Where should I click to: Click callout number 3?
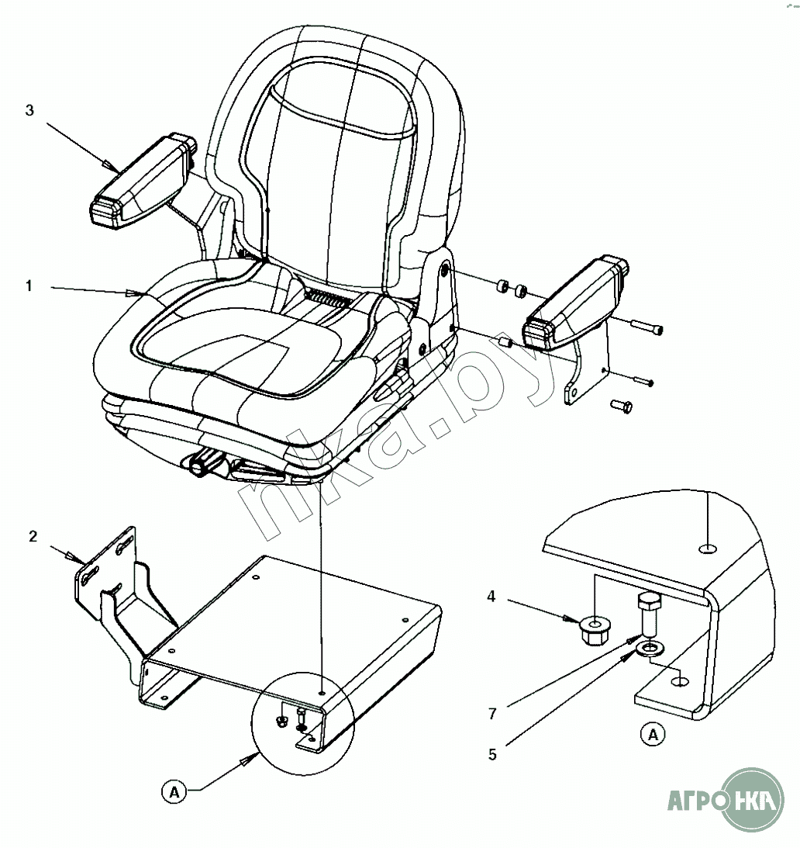coord(29,110)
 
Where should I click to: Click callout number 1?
coord(29,286)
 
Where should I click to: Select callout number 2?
coord(33,536)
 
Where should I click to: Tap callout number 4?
coord(491,597)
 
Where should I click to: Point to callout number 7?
coord(492,714)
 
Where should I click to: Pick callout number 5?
coord(492,754)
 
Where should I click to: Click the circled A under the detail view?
coord(653,735)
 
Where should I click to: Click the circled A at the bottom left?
coord(174,793)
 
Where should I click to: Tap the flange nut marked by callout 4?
coord(594,631)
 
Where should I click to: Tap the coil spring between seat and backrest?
coord(326,298)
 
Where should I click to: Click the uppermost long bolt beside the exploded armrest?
coord(647,327)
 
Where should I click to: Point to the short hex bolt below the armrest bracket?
coord(622,406)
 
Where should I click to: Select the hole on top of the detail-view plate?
coord(707,549)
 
